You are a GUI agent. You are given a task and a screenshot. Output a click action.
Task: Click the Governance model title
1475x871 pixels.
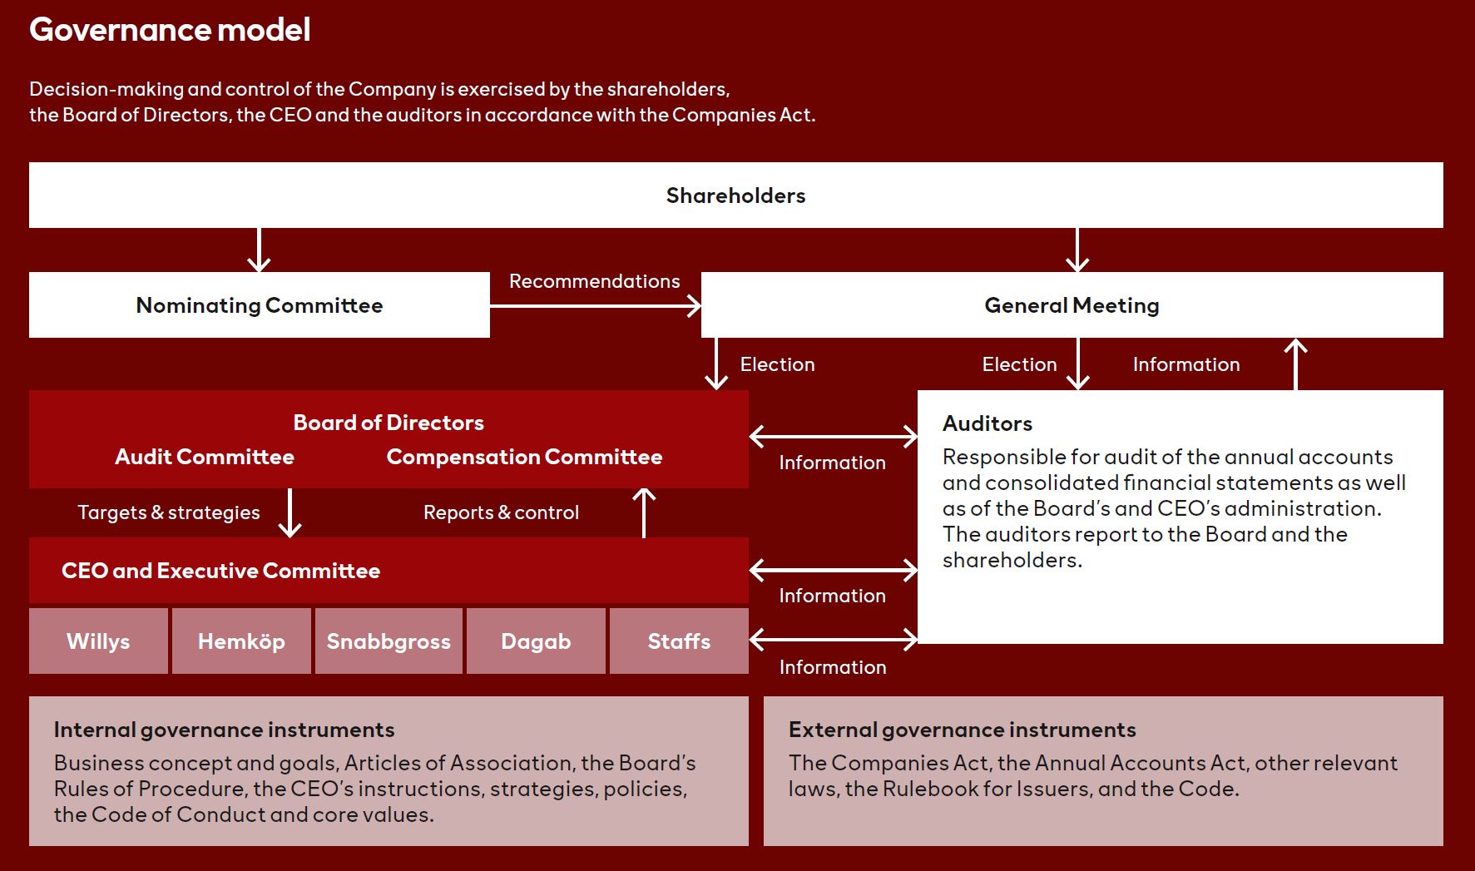tap(170, 30)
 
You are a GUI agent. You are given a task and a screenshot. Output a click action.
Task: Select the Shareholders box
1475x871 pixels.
tap(736, 195)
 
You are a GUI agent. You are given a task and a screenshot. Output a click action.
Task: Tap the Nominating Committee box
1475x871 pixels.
tap(260, 304)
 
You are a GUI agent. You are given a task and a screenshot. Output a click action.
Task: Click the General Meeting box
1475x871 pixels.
tap(1072, 304)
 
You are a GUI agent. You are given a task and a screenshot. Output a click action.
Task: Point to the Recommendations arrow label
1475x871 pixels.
tap(594, 281)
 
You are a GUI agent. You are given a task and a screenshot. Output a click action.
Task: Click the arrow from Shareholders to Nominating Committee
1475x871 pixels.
tap(259, 250)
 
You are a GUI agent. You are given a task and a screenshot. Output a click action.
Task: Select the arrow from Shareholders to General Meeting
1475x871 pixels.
tap(1077, 250)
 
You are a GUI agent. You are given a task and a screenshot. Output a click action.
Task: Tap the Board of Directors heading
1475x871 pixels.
tap(389, 423)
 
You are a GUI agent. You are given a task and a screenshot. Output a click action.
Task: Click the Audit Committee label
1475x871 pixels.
tap(205, 457)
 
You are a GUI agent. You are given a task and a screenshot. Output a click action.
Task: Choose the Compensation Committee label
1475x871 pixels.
tap(524, 457)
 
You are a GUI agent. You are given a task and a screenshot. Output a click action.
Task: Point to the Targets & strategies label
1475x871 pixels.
tap(169, 512)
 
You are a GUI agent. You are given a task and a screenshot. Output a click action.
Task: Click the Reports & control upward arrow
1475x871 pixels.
tap(644, 512)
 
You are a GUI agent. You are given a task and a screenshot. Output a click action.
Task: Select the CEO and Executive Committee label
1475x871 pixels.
tap(220, 571)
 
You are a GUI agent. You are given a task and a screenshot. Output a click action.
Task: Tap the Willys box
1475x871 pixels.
tap(98, 641)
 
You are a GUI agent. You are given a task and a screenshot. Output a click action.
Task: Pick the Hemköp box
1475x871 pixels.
tap(241, 641)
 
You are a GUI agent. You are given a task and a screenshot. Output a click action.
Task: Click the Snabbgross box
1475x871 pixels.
tap(389, 641)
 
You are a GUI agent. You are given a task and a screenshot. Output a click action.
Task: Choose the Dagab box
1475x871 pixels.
tap(536, 641)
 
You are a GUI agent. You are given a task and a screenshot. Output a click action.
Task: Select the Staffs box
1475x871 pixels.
tap(679, 641)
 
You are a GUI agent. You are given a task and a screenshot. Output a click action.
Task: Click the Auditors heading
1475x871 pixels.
tap(987, 423)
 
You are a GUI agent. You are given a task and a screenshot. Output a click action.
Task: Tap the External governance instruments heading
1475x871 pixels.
tap(963, 730)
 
